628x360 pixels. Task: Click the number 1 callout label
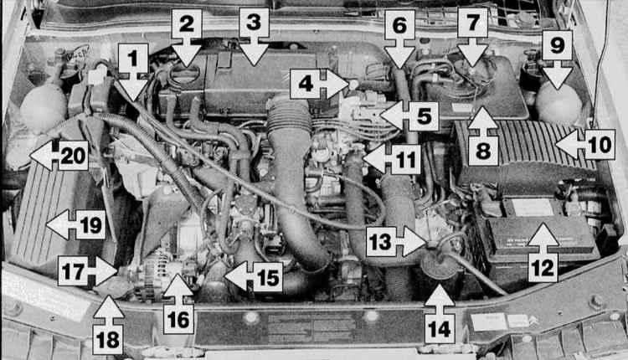(x=133, y=59)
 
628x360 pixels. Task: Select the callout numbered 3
(x=254, y=23)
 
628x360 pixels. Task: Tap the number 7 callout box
(x=472, y=23)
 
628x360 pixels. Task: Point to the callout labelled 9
(x=557, y=45)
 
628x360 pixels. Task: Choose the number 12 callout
(x=543, y=268)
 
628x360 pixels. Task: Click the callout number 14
(x=440, y=329)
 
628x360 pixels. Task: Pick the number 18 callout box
(x=108, y=340)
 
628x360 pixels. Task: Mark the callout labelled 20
(x=74, y=156)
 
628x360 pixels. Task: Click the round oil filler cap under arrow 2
(x=185, y=74)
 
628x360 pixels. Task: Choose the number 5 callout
(x=425, y=116)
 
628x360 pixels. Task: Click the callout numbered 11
(x=406, y=159)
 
